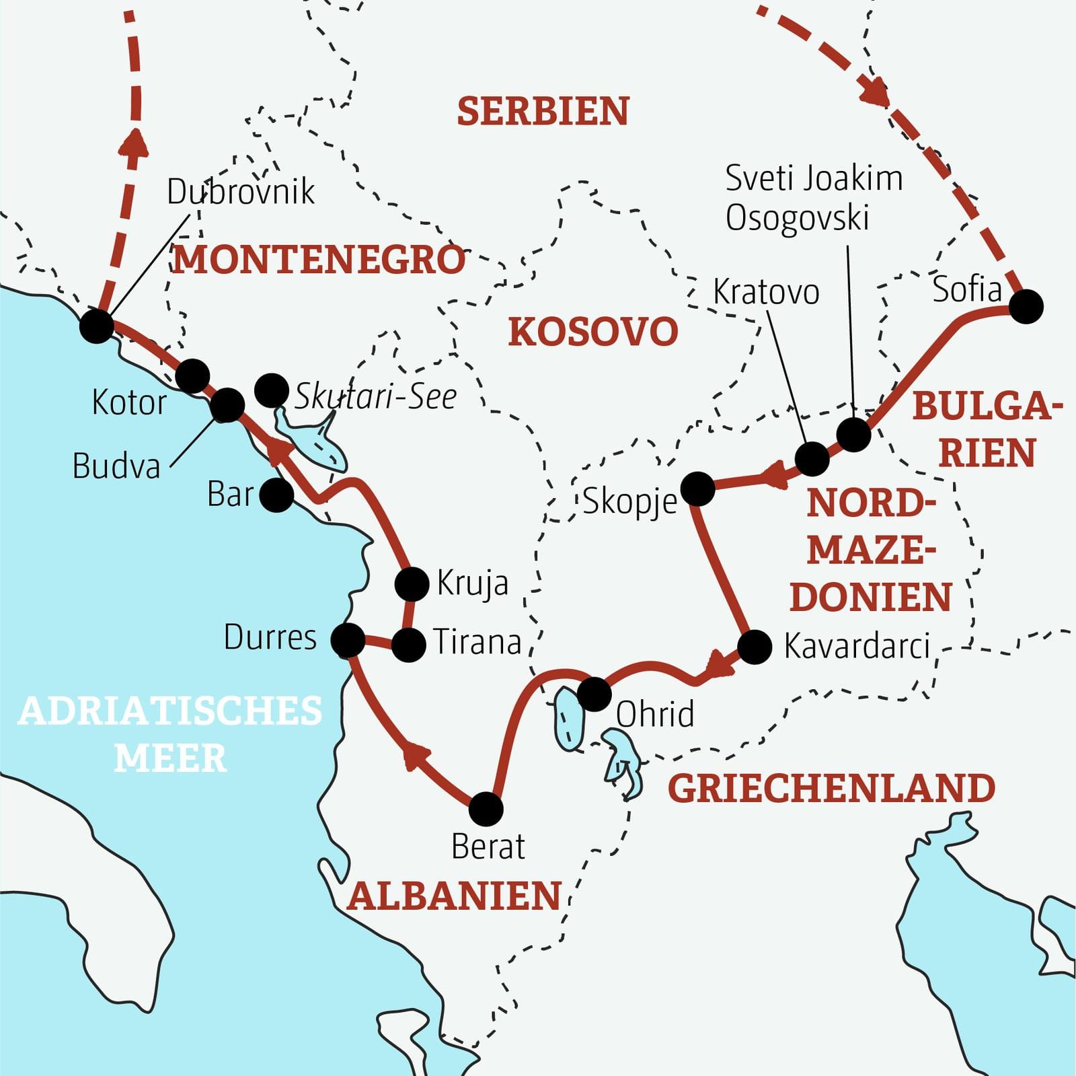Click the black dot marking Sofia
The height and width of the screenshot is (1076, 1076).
pos(1026,307)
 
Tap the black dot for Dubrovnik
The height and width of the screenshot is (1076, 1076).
pos(96,326)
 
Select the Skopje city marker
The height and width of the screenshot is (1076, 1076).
pos(698,489)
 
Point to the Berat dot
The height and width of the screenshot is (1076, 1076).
pos(486,809)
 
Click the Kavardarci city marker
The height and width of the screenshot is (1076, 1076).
pos(755,647)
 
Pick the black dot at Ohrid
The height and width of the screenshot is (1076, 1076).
pos(594,694)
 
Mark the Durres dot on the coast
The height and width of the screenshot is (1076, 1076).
pos(348,640)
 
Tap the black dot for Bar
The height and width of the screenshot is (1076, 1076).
pos(276,495)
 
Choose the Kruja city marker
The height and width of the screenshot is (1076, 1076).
pos(412,583)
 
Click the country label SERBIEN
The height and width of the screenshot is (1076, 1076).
pos(543,112)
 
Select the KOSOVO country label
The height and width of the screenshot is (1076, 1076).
pos(592,332)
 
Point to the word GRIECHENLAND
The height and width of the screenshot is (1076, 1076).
pos(831,789)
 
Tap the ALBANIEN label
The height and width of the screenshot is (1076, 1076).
pos(455,896)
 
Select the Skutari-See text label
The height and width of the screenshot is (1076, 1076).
pos(375,397)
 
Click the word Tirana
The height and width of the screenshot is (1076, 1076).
pos(477,642)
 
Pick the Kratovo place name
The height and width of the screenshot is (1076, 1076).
pos(766,292)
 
